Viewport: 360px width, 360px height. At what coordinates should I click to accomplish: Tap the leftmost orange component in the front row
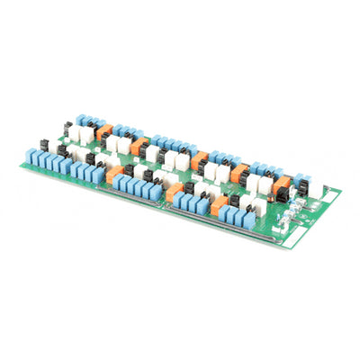tap(114, 175)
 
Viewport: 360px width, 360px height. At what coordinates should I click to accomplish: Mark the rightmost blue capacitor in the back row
tap(300, 179)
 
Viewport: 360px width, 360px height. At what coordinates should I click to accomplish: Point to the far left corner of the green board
tap(22, 165)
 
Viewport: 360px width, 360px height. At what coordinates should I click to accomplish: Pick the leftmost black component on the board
tap(43, 143)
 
